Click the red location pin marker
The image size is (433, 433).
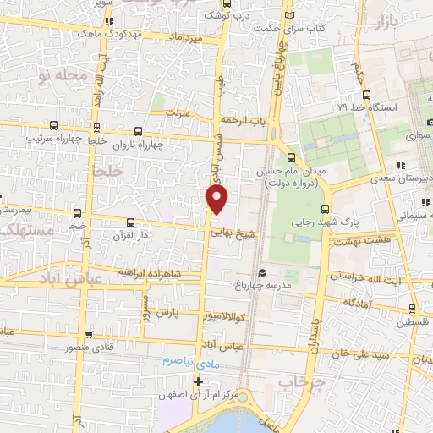point(217,200)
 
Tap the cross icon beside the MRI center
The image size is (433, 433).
point(198,381)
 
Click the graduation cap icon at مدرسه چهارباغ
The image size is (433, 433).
point(263,272)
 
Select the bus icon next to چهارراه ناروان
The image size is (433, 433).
point(140,132)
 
